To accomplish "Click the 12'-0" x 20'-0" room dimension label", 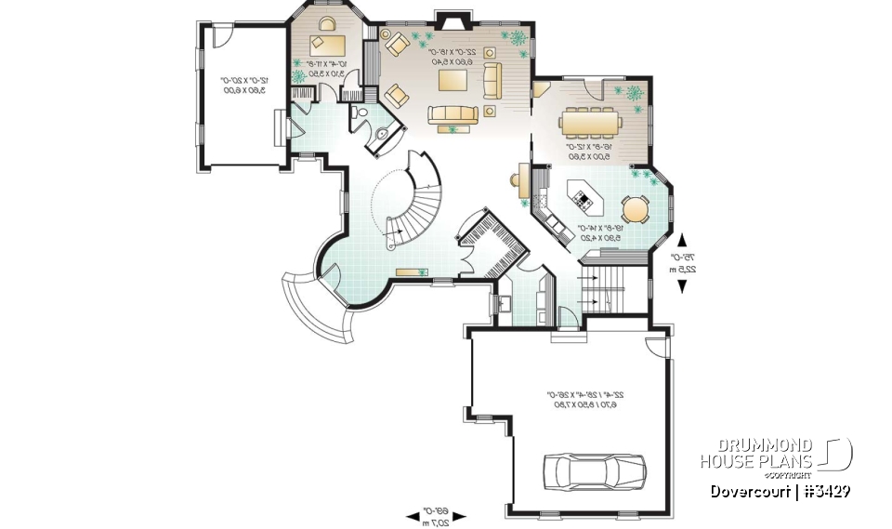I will click(243, 86).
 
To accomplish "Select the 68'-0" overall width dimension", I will click(437, 515).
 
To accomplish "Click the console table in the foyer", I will click(408, 271).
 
